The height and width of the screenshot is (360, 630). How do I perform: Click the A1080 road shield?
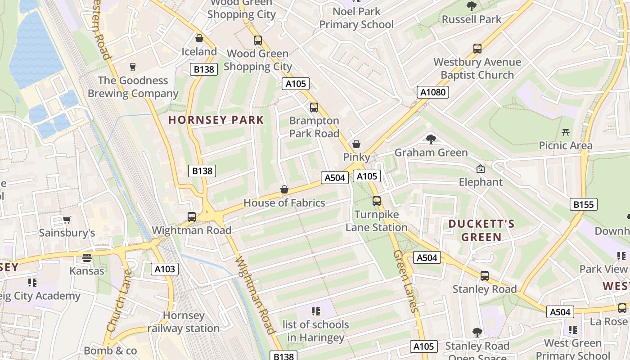point(432,92)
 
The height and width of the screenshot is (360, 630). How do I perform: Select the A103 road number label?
point(165,269)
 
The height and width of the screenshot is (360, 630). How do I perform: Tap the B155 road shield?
point(583,204)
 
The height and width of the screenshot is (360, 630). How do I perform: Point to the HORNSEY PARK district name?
point(216,120)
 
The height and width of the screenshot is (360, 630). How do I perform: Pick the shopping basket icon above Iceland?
point(199,39)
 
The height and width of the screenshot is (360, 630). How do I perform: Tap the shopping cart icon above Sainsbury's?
point(67,220)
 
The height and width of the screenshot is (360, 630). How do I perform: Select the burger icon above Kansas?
point(87,258)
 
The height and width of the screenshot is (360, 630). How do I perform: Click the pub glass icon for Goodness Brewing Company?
point(133,67)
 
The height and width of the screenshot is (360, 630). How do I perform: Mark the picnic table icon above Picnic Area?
point(566,132)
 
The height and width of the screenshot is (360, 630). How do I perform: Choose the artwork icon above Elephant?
point(481,169)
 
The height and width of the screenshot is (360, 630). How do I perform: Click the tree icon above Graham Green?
point(431,139)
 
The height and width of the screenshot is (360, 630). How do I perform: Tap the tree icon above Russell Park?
point(472,6)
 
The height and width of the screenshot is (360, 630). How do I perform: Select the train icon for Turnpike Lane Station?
point(377,201)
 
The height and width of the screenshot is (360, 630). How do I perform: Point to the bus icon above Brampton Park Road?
point(314,108)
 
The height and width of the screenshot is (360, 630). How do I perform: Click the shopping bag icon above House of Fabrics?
point(284,189)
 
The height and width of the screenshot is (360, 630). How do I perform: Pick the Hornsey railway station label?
point(184,322)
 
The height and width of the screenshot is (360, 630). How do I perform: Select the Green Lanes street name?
point(406,281)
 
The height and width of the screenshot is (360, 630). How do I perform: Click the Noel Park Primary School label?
point(356,18)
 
